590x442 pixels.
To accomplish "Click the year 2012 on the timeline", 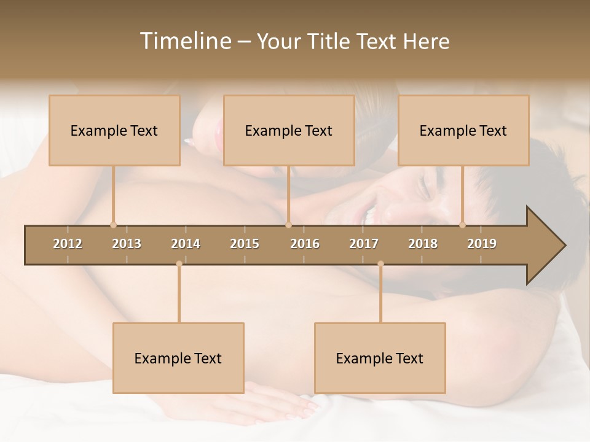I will pos(68,244).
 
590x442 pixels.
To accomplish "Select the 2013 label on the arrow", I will pos(127,244).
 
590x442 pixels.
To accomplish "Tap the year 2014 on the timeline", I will pos(186,244).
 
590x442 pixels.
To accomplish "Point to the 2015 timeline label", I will pos(245,244).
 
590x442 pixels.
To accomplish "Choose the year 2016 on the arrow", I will pos(305,244).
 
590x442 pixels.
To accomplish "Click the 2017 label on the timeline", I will pos(364,244).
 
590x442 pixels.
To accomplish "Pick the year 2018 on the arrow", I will pos(423,244).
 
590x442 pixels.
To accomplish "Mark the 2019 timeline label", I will pos(482,244).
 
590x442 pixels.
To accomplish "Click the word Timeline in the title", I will pos(184,41).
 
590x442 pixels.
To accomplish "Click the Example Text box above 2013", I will pos(114,130).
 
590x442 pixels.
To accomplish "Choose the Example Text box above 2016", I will pos(289,130).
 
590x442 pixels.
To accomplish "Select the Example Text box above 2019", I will pos(463,130).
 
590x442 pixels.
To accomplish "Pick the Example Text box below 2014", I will pos(178,358).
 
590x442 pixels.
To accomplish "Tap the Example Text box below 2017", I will pos(380,358).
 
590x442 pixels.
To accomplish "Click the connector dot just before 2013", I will pos(113,225).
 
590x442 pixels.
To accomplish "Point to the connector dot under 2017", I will pos(380,264).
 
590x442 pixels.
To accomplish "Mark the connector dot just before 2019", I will pos(463,225).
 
